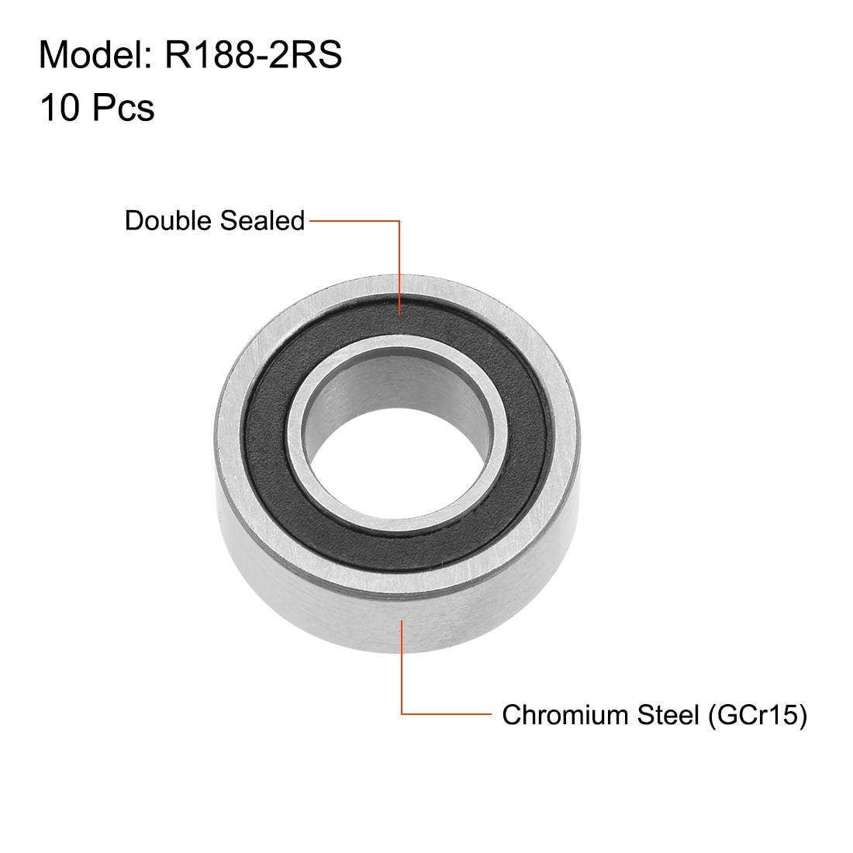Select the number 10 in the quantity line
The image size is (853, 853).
(x=60, y=108)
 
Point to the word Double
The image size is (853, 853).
(x=170, y=221)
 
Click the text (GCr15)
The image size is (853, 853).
(x=755, y=714)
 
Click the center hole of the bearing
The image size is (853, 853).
(x=388, y=465)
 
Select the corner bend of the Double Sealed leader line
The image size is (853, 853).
(x=400, y=222)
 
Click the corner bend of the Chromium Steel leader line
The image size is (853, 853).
(x=401, y=713)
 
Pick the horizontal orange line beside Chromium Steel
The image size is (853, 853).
(x=446, y=713)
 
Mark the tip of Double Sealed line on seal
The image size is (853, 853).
(x=400, y=314)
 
